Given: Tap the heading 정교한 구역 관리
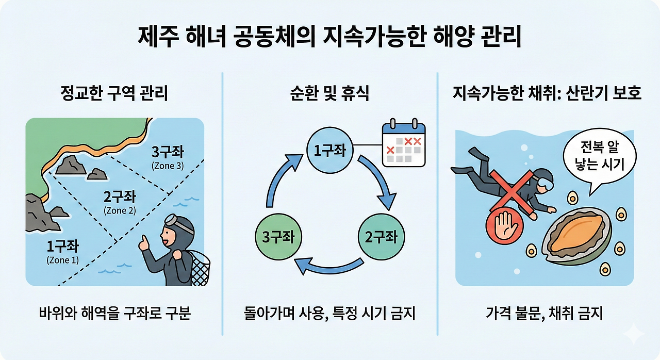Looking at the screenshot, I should pos(114,94).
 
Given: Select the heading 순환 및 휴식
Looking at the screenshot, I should pos(329,94).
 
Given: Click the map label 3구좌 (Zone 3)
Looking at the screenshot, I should pos(168,158).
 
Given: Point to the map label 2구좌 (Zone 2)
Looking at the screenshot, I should pos(120,202).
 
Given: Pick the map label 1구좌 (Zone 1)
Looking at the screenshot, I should pos(62,251).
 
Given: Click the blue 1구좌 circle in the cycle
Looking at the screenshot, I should pos(329,150).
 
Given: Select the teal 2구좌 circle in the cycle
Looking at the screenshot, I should pos(381,237).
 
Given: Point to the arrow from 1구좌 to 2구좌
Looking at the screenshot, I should pos(380,181).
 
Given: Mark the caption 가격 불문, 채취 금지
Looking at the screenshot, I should pos(544,313).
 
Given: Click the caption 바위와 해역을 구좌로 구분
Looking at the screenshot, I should pos(114,313).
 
